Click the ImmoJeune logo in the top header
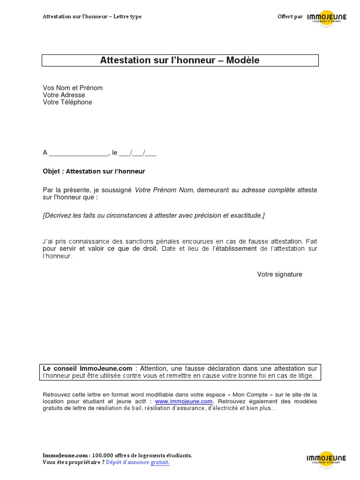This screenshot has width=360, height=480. [327, 18]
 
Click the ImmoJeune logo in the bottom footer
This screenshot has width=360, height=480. [326, 459]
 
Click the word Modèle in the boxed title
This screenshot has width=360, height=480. [243, 60]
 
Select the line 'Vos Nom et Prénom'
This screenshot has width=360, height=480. [73, 88]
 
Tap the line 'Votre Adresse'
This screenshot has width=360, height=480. [64, 95]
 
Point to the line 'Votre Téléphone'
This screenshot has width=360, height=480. [67, 102]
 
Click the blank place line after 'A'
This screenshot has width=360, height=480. [78, 153]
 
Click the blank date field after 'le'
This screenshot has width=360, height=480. [138, 153]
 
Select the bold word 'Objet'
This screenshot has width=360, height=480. [52, 172]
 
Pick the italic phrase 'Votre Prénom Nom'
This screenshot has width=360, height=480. [164, 190]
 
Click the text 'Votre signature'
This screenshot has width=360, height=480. [279, 275]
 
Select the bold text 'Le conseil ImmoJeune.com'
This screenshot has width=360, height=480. [87, 369]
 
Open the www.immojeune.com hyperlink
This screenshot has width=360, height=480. [184, 402]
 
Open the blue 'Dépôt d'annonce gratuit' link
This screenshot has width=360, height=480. [137, 463]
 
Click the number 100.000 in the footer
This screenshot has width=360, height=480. [104, 456]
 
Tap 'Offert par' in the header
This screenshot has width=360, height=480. [290, 17]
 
